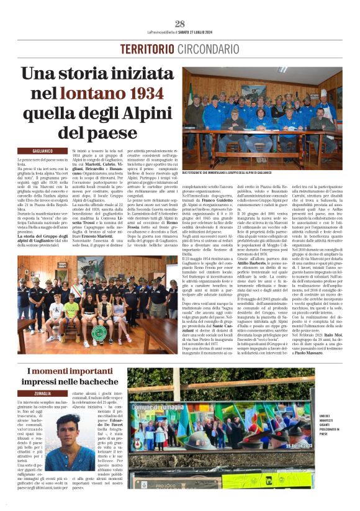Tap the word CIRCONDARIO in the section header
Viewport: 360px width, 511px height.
coord(207,48)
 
